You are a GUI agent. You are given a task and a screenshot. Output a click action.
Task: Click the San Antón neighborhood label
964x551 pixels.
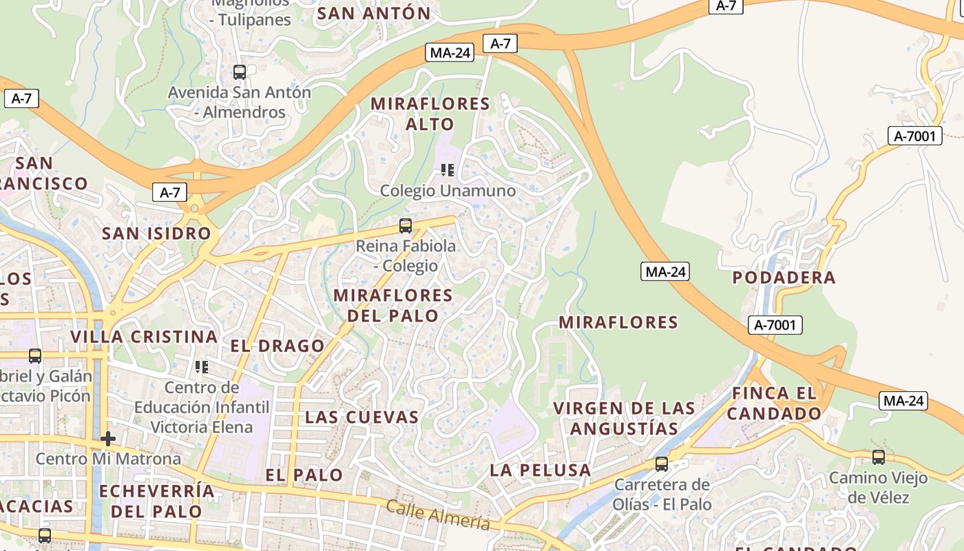(374, 13)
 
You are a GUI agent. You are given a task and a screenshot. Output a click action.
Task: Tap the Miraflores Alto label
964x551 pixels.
(430, 114)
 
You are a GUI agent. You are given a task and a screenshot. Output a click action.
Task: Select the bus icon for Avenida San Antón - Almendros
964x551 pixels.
(240, 72)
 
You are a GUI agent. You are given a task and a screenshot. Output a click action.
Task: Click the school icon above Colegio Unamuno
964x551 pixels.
(448, 169)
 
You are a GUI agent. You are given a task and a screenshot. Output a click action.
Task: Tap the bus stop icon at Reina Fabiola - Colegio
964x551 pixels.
(406, 225)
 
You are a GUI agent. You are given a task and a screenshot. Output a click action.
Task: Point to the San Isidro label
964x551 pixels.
(156, 233)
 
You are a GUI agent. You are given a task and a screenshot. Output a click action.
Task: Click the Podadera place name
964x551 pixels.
(784, 278)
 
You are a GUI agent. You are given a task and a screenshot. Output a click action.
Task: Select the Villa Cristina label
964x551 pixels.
(145, 337)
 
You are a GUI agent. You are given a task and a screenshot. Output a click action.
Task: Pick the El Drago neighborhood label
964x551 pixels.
(277, 346)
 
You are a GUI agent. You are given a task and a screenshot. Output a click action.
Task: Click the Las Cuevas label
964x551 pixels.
(362, 417)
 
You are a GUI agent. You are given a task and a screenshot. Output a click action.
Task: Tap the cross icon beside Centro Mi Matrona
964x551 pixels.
(108, 438)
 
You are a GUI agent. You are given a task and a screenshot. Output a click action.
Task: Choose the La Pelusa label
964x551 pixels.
(541, 471)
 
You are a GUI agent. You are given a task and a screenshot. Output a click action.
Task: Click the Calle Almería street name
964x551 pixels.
(438, 514)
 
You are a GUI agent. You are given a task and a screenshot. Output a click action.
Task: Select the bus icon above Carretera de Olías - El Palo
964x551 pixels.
(662, 464)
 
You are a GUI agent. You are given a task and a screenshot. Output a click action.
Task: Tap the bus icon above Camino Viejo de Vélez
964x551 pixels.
(878, 457)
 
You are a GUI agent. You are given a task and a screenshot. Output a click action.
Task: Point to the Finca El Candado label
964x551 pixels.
(774, 404)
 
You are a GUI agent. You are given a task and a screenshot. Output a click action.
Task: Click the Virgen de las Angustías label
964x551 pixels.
(625, 418)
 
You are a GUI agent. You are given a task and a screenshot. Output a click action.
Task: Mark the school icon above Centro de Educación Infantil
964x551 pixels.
(202, 366)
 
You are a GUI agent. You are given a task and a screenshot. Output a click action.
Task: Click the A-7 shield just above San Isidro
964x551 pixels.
(169, 192)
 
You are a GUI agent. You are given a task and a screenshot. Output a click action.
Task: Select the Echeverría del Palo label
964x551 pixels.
(157, 501)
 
